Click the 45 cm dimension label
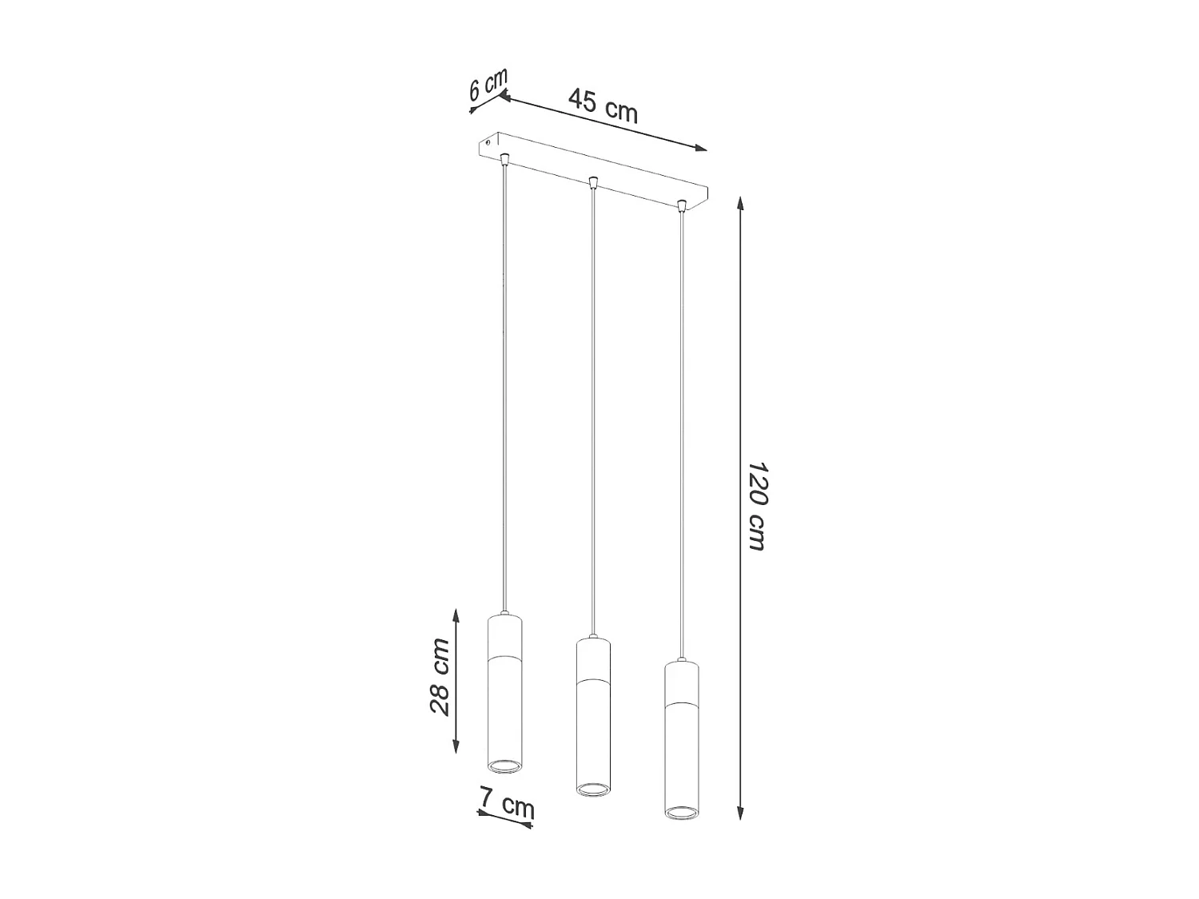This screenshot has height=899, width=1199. pos(603,105)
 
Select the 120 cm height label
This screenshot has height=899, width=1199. pos(756,506)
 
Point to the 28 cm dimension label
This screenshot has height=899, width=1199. pos(440,676)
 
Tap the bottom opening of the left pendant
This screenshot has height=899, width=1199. pos(504,766)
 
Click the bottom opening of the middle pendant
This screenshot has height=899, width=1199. pos(593,789)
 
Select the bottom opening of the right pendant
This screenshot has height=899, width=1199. pos(682,812)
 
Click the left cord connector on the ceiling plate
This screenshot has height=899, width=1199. pos(504,158)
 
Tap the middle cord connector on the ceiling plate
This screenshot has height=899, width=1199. pos(592,182)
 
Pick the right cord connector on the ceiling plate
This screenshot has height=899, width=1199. pos(681,206)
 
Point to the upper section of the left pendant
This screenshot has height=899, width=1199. pos(504,636)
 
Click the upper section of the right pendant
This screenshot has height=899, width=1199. pos(682,682)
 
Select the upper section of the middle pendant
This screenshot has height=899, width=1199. pos(593,659)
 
